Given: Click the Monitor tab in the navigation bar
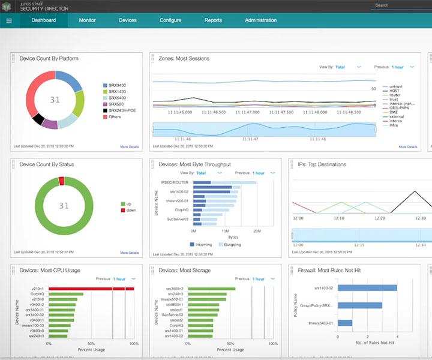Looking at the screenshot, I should click(x=87, y=20).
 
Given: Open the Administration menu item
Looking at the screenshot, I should click(x=260, y=20).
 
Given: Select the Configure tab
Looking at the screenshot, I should click(x=170, y=20).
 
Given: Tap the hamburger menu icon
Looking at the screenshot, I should click(x=9, y=20).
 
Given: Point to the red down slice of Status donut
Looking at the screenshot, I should click(x=61, y=180).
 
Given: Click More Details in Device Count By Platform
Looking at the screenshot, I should click(x=129, y=146).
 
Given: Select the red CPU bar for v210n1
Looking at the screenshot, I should click(x=90, y=289).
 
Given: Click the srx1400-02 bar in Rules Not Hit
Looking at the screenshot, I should click(x=367, y=288).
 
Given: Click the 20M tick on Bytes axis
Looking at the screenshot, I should click(x=256, y=230).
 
